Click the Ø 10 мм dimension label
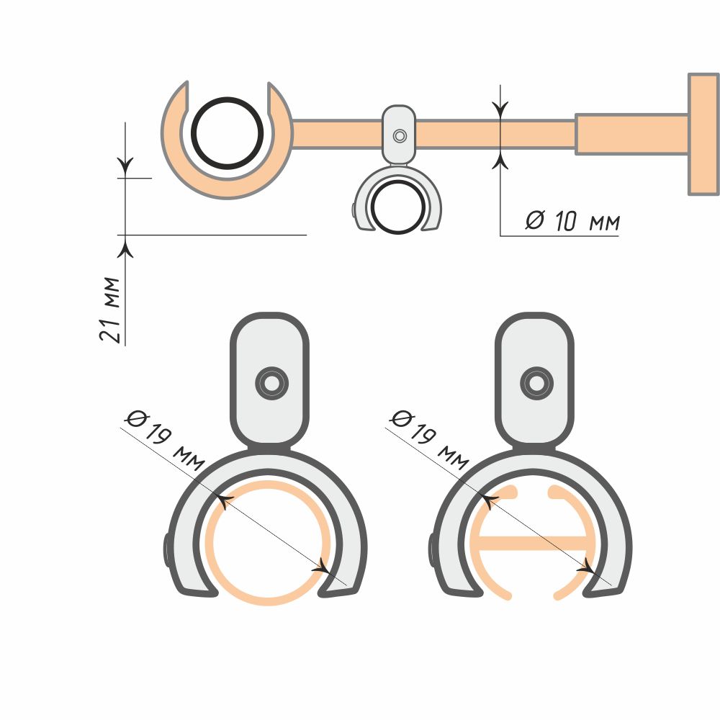(x=572, y=221)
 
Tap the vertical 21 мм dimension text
(x=109, y=310)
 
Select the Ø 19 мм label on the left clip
(x=165, y=440)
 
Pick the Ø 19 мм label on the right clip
(x=430, y=439)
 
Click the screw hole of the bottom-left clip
(x=272, y=383)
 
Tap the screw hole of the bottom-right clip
(x=537, y=383)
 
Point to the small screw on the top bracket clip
(x=400, y=136)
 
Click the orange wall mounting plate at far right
(x=703, y=134)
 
